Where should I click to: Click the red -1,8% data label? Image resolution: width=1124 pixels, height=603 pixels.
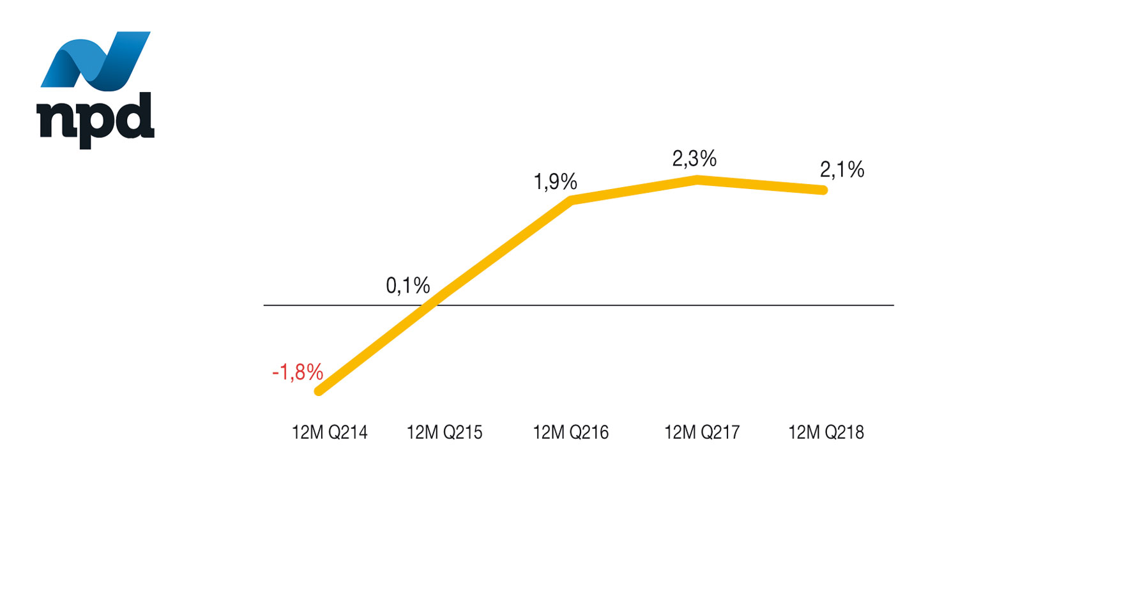(298, 372)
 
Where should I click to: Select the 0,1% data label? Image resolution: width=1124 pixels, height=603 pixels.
(407, 286)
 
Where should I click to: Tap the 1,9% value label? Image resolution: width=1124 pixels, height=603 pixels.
(555, 183)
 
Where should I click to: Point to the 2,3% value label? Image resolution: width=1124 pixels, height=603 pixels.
(694, 159)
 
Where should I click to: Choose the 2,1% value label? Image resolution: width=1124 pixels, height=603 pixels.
(842, 170)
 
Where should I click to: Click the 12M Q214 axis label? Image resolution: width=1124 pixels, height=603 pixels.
(330, 433)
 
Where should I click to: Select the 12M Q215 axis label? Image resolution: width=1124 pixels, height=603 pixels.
(444, 433)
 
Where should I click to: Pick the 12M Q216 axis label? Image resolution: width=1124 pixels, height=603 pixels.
(571, 433)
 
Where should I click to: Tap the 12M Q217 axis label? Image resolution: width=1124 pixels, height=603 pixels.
(702, 433)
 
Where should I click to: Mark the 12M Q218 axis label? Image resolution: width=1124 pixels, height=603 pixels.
(826, 433)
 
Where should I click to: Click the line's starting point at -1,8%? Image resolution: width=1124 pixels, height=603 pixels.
(319, 391)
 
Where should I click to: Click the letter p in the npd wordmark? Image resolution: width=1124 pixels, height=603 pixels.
(93, 124)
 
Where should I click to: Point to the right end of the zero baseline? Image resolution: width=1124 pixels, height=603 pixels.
(892, 305)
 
